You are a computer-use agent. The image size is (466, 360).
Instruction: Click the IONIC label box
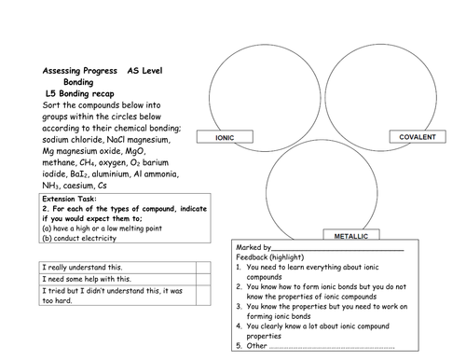tap(225, 137)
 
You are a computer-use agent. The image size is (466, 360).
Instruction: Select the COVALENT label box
tap(418, 136)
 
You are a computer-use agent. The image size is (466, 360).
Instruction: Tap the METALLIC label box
tap(351, 235)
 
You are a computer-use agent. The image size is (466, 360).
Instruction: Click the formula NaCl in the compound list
tap(116, 140)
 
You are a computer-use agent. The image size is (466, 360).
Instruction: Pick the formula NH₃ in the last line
tap(50, 186)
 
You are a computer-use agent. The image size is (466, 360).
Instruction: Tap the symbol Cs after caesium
tap(103, 186)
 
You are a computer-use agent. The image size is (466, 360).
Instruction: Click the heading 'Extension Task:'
tap(69, 199)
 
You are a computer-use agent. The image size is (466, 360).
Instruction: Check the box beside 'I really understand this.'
tap(203, 268)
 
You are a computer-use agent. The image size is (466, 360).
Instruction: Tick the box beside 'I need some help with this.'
tap(203, 279)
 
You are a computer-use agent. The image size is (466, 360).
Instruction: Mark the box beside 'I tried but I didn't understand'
tap(203, 295)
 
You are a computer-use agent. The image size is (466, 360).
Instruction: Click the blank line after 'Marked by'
tap(337, 250)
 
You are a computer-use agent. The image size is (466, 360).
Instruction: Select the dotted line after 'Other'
tap(332, 348)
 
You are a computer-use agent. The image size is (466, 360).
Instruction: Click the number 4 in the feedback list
tap(239, 326)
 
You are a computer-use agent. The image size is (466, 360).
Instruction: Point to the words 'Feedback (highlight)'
tap(270, 257)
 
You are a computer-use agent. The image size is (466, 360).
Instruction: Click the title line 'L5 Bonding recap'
tap(80, 93)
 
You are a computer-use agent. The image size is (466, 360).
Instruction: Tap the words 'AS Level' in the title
tap(144, 71)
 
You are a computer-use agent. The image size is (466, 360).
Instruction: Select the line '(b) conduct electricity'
tap(79, 238)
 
